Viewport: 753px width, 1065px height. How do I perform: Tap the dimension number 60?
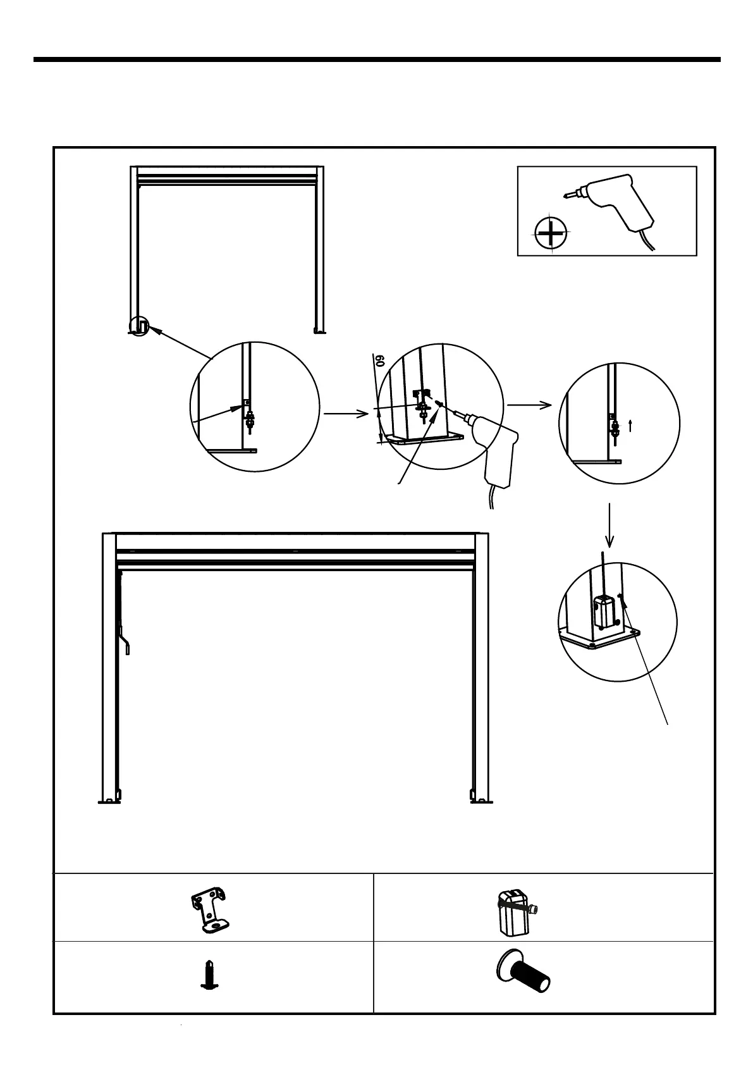380,361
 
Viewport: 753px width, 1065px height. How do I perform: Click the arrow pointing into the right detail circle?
530,405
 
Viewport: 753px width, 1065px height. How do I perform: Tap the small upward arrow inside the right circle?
631,426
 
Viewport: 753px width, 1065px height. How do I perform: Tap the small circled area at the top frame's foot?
140,326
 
